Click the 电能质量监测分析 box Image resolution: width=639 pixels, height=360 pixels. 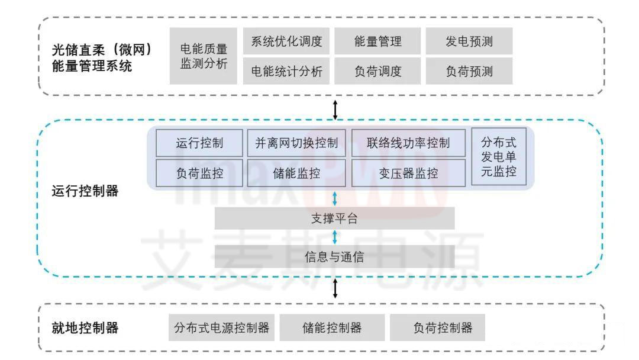tap(203, 56)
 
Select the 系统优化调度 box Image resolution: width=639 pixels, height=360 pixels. tap(286, 41)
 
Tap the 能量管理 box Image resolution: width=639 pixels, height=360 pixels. tap(377, 41)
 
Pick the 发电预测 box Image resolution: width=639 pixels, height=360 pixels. tap(469, 41)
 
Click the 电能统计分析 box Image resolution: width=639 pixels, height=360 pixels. tap(286, 72)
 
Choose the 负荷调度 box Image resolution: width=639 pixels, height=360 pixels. tap(377, 72)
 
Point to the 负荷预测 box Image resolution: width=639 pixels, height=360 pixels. tap(469, 72)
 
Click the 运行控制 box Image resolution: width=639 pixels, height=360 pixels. tap(199, 143)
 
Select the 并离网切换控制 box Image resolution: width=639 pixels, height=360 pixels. tap(296, 143)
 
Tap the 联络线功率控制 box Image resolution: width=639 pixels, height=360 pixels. tap(408, 143)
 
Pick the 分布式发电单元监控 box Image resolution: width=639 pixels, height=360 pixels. tap(498, 157)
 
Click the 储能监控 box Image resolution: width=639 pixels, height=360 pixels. tap(296, 173)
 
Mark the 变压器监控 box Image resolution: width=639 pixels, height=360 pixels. tap(408, 173)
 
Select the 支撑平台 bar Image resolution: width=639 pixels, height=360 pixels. tap(334, 218)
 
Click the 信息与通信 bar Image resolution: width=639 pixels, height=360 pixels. tap(334, 257)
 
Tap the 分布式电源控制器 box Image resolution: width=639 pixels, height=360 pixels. tap(222, 328)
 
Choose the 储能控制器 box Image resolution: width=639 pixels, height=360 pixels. tap(332, 328)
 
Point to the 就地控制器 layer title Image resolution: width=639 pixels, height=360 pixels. tap(85, 328)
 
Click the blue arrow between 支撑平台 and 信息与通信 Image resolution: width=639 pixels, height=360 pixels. tap(335, 237)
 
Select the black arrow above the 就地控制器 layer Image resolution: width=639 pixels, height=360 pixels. tap(335, 288)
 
